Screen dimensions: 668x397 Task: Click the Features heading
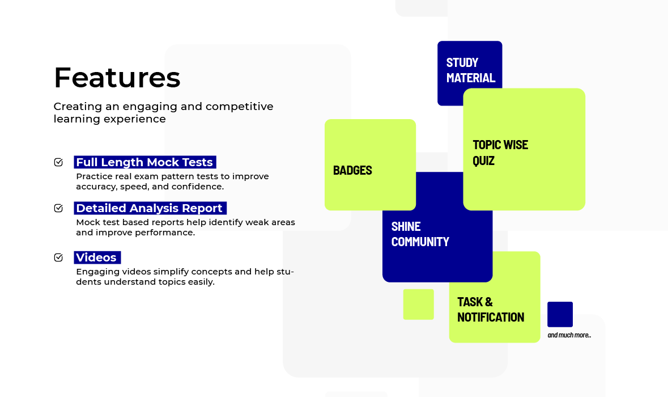point(117,78)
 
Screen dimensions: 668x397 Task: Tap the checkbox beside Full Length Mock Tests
point(58,162)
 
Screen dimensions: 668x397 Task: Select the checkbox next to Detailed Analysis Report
point(58,208)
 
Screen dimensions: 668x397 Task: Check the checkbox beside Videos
point(58,257)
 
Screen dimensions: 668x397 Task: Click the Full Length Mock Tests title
point(145,162)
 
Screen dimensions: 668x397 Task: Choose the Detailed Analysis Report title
point(150,208)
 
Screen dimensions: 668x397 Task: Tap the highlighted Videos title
point(97,257)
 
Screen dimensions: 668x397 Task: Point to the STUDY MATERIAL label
point(471,70)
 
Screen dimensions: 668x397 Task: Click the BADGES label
point(352,170)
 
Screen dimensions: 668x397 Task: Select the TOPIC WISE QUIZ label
point(500,153)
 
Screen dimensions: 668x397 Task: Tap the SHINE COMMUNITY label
point(420,234)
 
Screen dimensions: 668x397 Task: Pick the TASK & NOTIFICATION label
point(491,310)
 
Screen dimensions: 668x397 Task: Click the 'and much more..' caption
point(569,335)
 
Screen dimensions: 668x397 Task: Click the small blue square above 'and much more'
point(560,314)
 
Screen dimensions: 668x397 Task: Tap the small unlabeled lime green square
point(418,305)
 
